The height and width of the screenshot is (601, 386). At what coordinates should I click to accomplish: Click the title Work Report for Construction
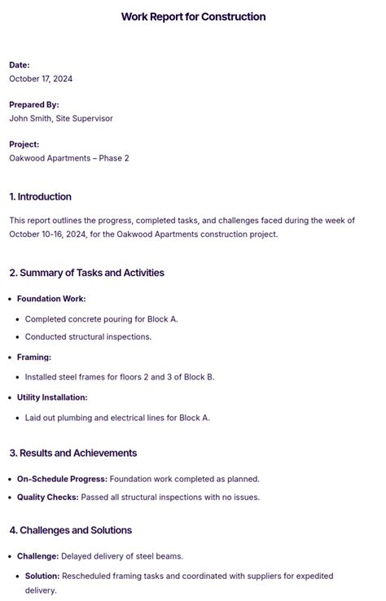click(193, 16)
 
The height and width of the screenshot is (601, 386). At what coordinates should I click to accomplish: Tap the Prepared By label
click(34, 105)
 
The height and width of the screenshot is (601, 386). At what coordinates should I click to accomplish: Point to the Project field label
click(24, 145)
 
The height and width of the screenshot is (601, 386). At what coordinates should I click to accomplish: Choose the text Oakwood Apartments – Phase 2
click(69, 158)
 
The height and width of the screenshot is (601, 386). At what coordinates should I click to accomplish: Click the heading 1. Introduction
click(41, 197)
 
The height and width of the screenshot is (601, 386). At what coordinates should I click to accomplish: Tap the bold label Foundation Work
click(51, 299)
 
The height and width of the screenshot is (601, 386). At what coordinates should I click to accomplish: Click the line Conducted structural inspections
click(88, 337)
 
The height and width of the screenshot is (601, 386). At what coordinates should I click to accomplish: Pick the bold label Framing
click(34, 358)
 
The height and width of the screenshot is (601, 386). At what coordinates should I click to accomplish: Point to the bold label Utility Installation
click(52, 397)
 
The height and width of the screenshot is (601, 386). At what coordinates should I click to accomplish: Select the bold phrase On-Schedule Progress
click(62, 479)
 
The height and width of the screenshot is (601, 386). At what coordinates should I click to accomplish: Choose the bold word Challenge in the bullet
click(37, 556)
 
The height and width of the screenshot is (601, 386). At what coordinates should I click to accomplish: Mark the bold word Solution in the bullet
click(42, 576)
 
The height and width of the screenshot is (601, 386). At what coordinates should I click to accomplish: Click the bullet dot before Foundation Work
click(11, 300)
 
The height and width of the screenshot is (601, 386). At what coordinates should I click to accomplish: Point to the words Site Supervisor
click(84, 119)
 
